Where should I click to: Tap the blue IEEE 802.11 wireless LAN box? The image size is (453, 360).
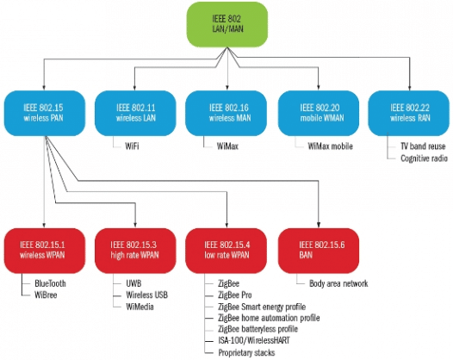pos(134,111)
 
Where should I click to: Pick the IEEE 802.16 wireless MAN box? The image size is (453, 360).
pos(226,111)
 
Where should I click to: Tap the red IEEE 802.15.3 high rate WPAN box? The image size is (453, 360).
pos(134,249)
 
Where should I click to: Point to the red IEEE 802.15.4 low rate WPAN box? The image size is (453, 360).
pos(226,249)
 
